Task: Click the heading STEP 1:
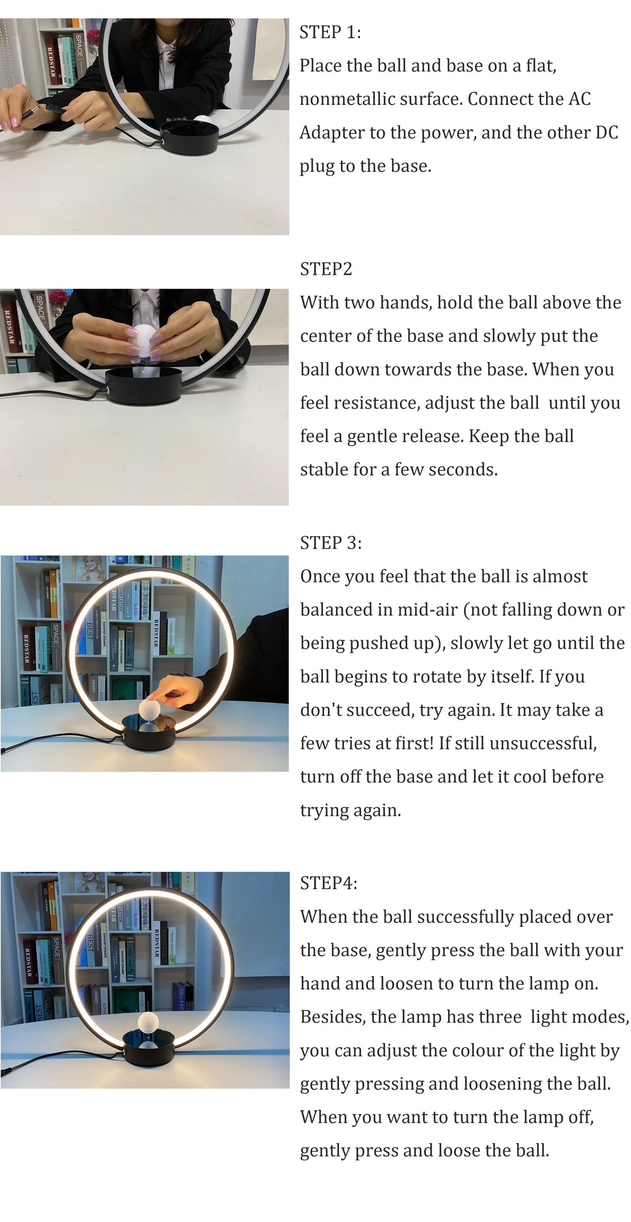tap(330, 32)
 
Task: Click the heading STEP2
tap(326, 269)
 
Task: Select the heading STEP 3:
tap(330, 543)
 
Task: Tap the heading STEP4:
tap(328, 883)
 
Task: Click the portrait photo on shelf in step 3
tap(91, 569)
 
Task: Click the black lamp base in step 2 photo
tap(144, 386)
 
